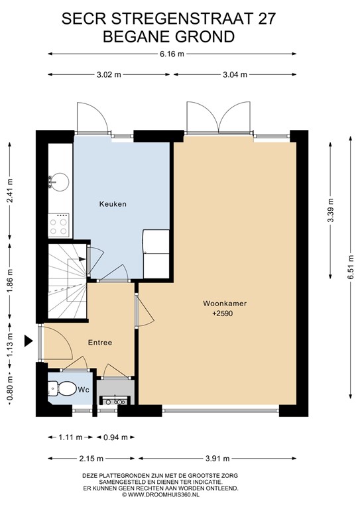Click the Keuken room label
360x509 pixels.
113,204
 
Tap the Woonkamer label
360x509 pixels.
225,304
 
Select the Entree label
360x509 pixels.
100,343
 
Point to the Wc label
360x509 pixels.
84,390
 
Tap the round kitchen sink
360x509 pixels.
60,182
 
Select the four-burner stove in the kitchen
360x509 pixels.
59,225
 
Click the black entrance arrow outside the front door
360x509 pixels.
29,341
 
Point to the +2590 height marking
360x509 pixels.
222,314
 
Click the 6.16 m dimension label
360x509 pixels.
172,54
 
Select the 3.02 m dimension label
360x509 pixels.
109,75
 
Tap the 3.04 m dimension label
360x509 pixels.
235,75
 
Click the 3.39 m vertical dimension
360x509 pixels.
330,210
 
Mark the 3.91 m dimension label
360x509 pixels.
217,459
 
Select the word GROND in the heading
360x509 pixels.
205,36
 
